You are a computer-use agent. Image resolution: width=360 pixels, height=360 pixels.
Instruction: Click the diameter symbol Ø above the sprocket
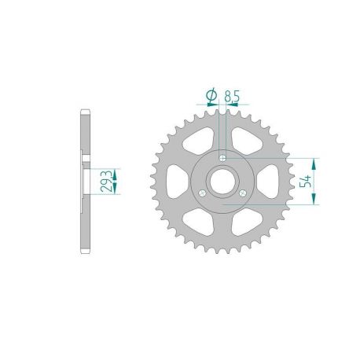point(210,95)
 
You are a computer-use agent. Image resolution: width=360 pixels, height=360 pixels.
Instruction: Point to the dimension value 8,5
point(232,95)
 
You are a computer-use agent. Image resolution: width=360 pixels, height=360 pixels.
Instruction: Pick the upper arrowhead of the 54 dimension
point(316,162)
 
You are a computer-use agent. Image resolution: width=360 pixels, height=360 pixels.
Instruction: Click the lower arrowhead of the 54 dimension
point(316,200)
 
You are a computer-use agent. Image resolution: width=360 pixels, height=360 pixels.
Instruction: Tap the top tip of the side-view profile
point(84,109)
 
